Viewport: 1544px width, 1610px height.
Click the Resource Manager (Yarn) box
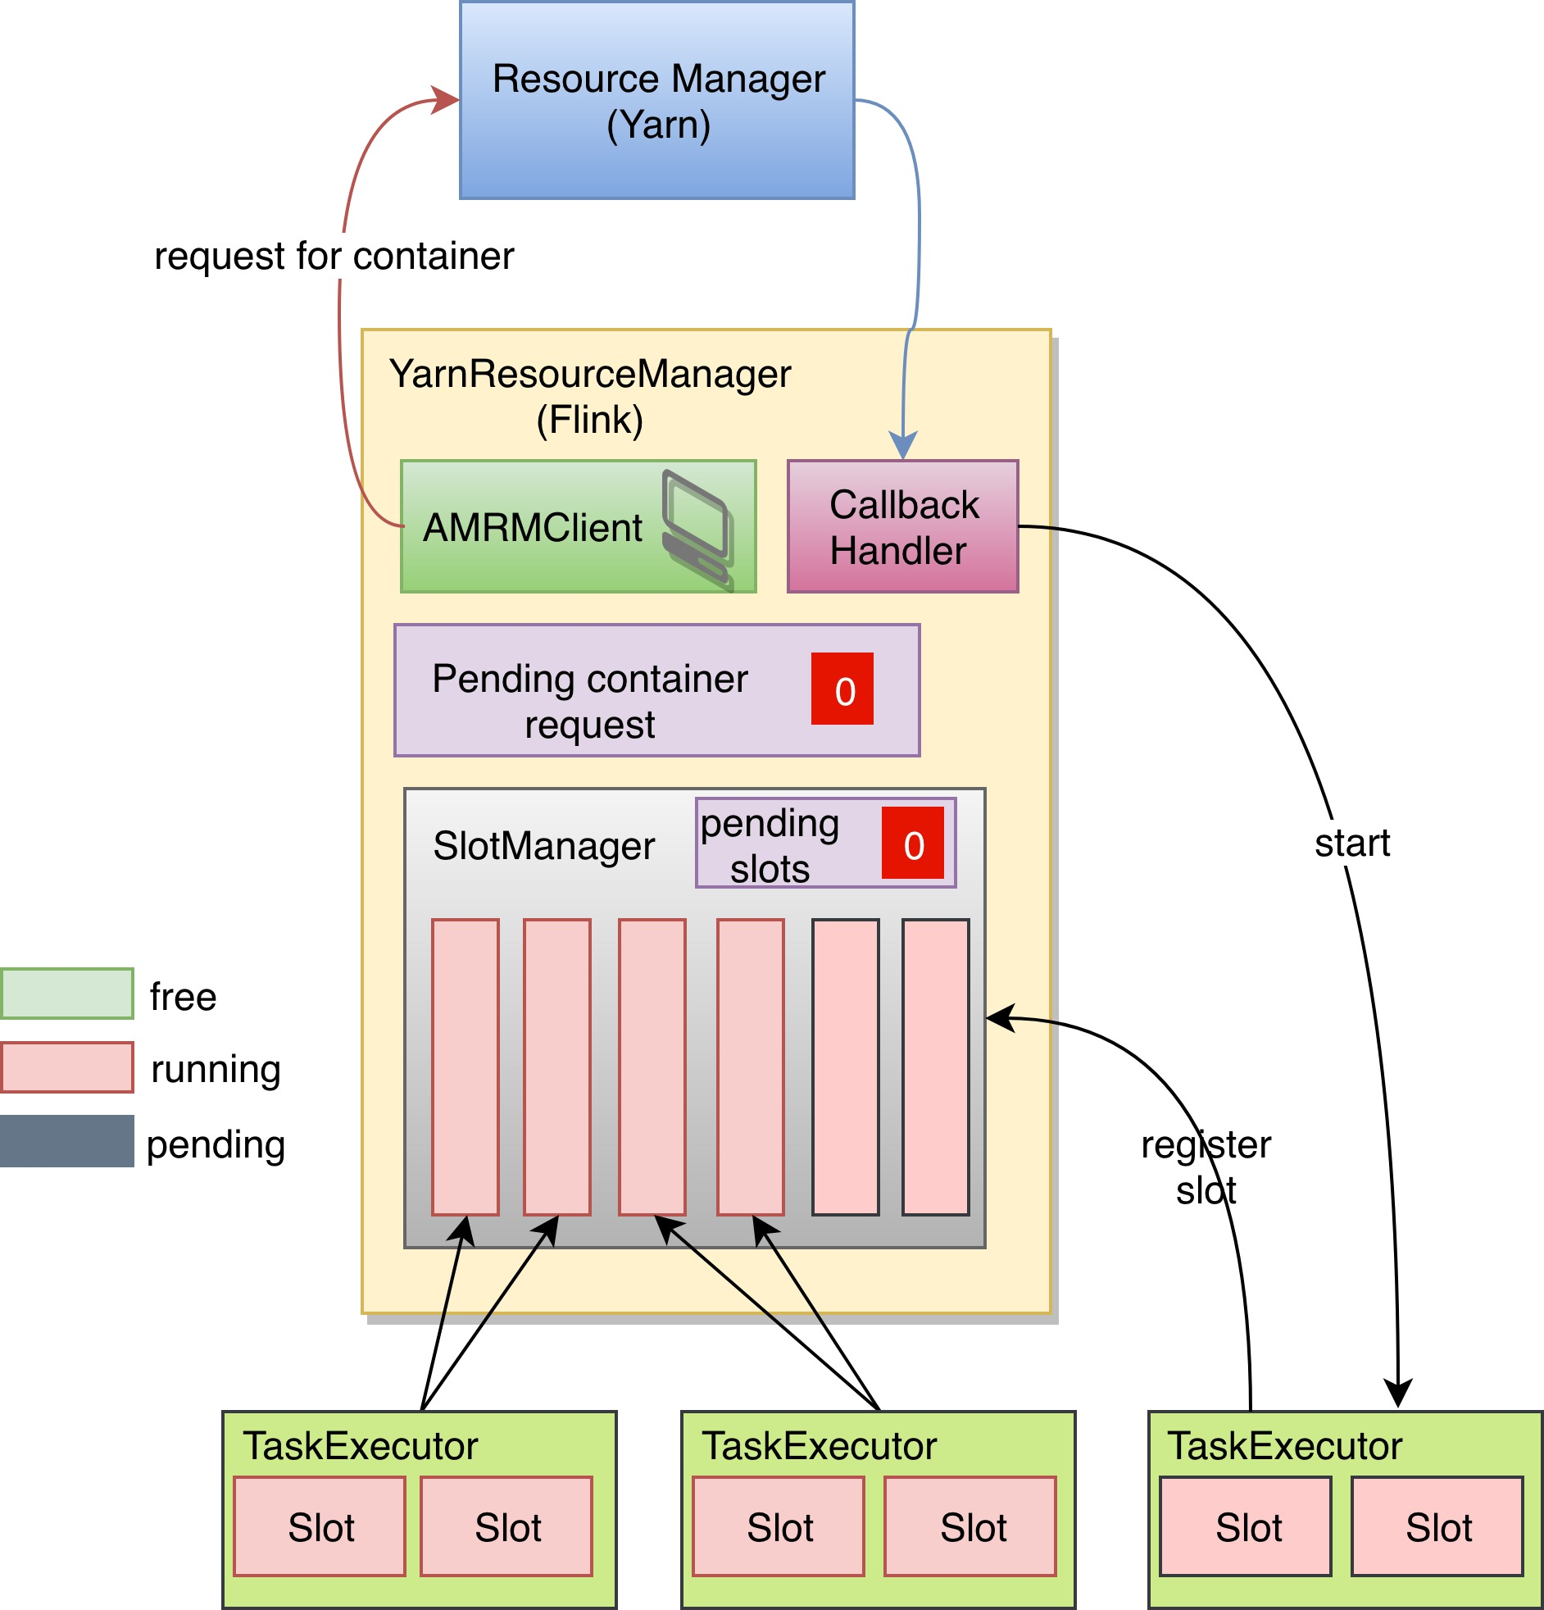pos(657,100)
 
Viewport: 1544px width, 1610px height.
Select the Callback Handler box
pos(902,526)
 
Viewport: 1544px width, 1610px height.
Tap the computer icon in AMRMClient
pos(697,530)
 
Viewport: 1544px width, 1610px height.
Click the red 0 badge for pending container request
pos(842,689)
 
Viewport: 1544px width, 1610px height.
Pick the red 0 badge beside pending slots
pos(912,843)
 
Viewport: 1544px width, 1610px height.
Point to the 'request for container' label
pos(334,257)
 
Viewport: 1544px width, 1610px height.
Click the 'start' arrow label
pos(1352,843)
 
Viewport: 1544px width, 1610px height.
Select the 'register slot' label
pos(1206,1167)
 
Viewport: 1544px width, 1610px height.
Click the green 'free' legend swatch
pos(67,994)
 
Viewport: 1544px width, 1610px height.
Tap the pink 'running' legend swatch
pos(67,1068)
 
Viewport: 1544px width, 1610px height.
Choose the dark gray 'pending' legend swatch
pos(67,1141)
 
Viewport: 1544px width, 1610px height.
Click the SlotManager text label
pos(543,846)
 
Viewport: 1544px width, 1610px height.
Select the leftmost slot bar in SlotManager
pos(465,1067)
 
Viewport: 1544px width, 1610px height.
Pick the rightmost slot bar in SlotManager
pos(935,1067)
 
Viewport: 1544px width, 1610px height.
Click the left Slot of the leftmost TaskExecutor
pos(320,1526)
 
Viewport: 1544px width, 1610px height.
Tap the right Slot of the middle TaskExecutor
pos(970,1526)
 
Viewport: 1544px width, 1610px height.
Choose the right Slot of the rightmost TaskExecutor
pos(1437,1526)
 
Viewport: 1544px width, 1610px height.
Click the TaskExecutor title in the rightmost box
pos(1284,1447)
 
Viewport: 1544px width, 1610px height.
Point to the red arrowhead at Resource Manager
pos(446,99)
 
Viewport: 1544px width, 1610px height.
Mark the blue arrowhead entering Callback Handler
pos(902,445)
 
